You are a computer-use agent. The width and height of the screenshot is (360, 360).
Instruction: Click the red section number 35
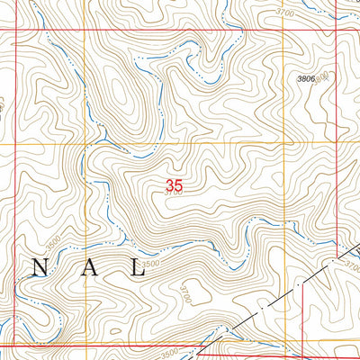point(175,186)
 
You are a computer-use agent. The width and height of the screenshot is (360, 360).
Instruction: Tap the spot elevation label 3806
point(307,79)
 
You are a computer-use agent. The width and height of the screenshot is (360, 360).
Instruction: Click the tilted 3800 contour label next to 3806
point(322,76)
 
